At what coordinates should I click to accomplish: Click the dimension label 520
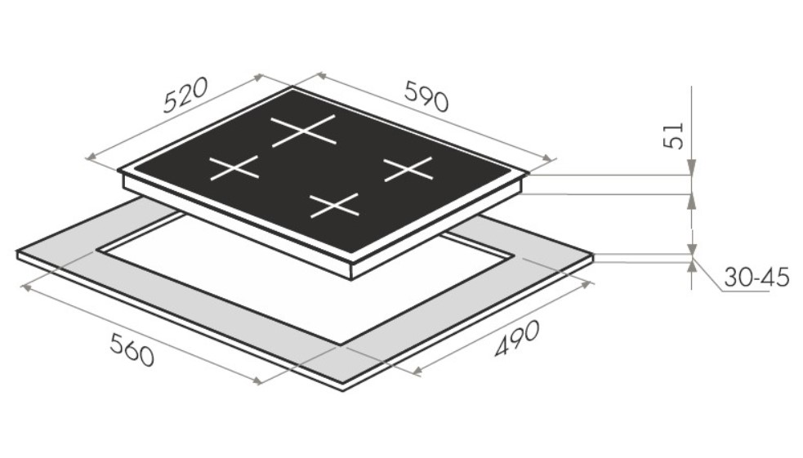click(185, 95)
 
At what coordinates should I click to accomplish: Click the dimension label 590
click(426, 96)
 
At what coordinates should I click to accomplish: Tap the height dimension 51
click(674, 135)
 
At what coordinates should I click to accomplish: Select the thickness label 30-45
click(756, 278)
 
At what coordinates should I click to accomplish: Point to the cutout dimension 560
click(132, 349)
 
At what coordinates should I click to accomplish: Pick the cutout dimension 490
click(517, 338)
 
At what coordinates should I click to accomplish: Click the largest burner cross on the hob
click(304, 131)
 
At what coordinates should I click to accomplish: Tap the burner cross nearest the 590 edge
click(408, 169)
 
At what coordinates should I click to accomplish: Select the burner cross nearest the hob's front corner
click(334, 205)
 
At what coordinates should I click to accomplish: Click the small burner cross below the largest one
click(234, 168)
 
